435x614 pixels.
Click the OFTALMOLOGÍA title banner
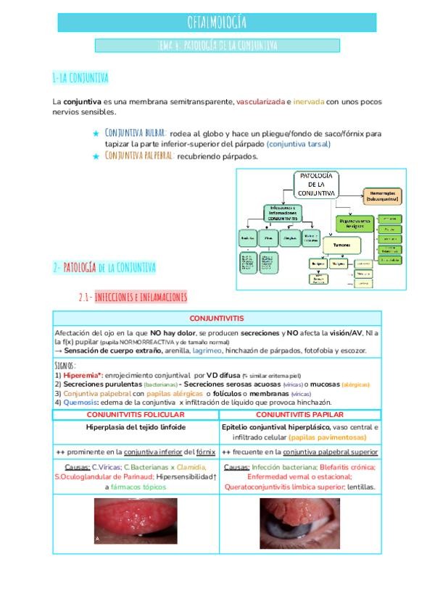217,22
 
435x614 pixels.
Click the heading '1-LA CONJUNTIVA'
80,77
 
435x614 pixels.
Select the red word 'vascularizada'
260,102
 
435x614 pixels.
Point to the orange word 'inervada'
308,102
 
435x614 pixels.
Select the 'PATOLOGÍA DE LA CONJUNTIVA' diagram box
315,185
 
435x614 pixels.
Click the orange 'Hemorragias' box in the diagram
381,195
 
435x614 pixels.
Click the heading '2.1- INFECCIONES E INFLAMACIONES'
133,297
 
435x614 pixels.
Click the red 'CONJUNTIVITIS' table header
217,319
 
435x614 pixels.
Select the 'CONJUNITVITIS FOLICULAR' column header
136,415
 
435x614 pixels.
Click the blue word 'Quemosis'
80,402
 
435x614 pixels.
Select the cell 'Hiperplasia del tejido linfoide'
136,427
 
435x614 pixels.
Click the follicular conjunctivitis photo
136,521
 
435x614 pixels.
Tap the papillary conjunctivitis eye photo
299,522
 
